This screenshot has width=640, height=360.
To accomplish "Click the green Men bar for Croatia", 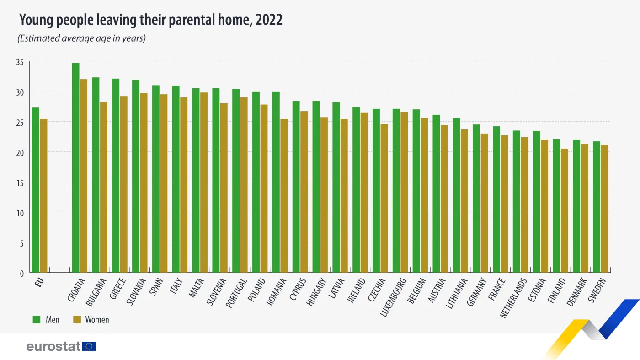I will coord(75,167).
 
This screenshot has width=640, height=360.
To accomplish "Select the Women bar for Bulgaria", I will coord(104,187).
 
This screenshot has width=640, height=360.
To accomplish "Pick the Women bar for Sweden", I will coord(605,209).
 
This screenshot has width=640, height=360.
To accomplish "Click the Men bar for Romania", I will coord(276,182).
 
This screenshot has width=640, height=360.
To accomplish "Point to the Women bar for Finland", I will coord(565,210).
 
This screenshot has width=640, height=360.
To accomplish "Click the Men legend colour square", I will coord(37,319).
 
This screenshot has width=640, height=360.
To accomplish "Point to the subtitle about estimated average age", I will coord(81,38).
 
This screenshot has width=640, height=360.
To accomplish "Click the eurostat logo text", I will coord(53,346).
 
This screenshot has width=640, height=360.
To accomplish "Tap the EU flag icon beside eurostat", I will coord(90,346).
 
